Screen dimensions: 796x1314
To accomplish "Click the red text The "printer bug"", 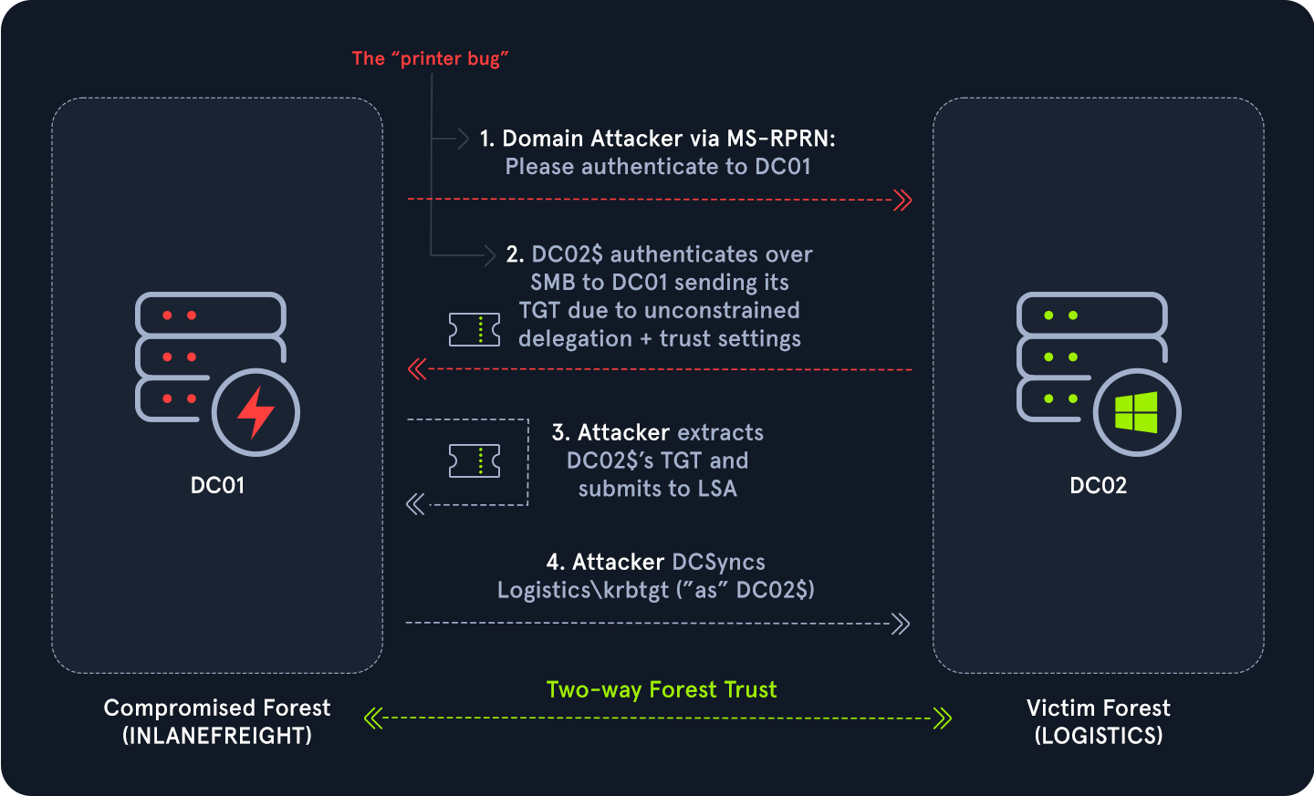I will click(x=430, y=59).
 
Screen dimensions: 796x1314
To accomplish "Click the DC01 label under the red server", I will click(x=217, y=485).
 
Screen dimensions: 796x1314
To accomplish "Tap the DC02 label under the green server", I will click(x=1098, y=485).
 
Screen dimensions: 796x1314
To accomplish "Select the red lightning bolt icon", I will click(x=255, y=412).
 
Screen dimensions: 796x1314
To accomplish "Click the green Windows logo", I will click(x=1136, y=412).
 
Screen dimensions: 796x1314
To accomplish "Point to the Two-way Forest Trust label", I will click(x=662, y=689).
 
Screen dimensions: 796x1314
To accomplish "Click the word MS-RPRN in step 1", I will click(x=780, y=139).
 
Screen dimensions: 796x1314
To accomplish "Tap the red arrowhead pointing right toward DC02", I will click(x=902, y=200).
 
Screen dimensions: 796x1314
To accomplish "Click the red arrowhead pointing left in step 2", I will click(x=417, y=369).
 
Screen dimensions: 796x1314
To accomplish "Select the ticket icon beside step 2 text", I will click(x=474, y=329).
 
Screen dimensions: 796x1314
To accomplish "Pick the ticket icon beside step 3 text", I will click(x=474, y=460).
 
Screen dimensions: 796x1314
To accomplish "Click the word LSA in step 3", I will click(x=717, y=489).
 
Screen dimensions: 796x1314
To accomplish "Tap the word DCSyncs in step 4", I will click(x=718, y=562).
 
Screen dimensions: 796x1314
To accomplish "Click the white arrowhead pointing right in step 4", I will click(x=901, y=624).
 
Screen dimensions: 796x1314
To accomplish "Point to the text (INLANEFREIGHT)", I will click(x=217, y=736).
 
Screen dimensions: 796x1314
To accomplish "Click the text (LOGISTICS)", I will click(x=1099, y=736).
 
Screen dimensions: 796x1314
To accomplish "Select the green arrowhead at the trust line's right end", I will click(x=943, y=718).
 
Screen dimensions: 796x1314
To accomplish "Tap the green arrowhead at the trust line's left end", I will click(x=372, y=718).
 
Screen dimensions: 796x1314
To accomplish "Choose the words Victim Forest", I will click(x=1098, y=708).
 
